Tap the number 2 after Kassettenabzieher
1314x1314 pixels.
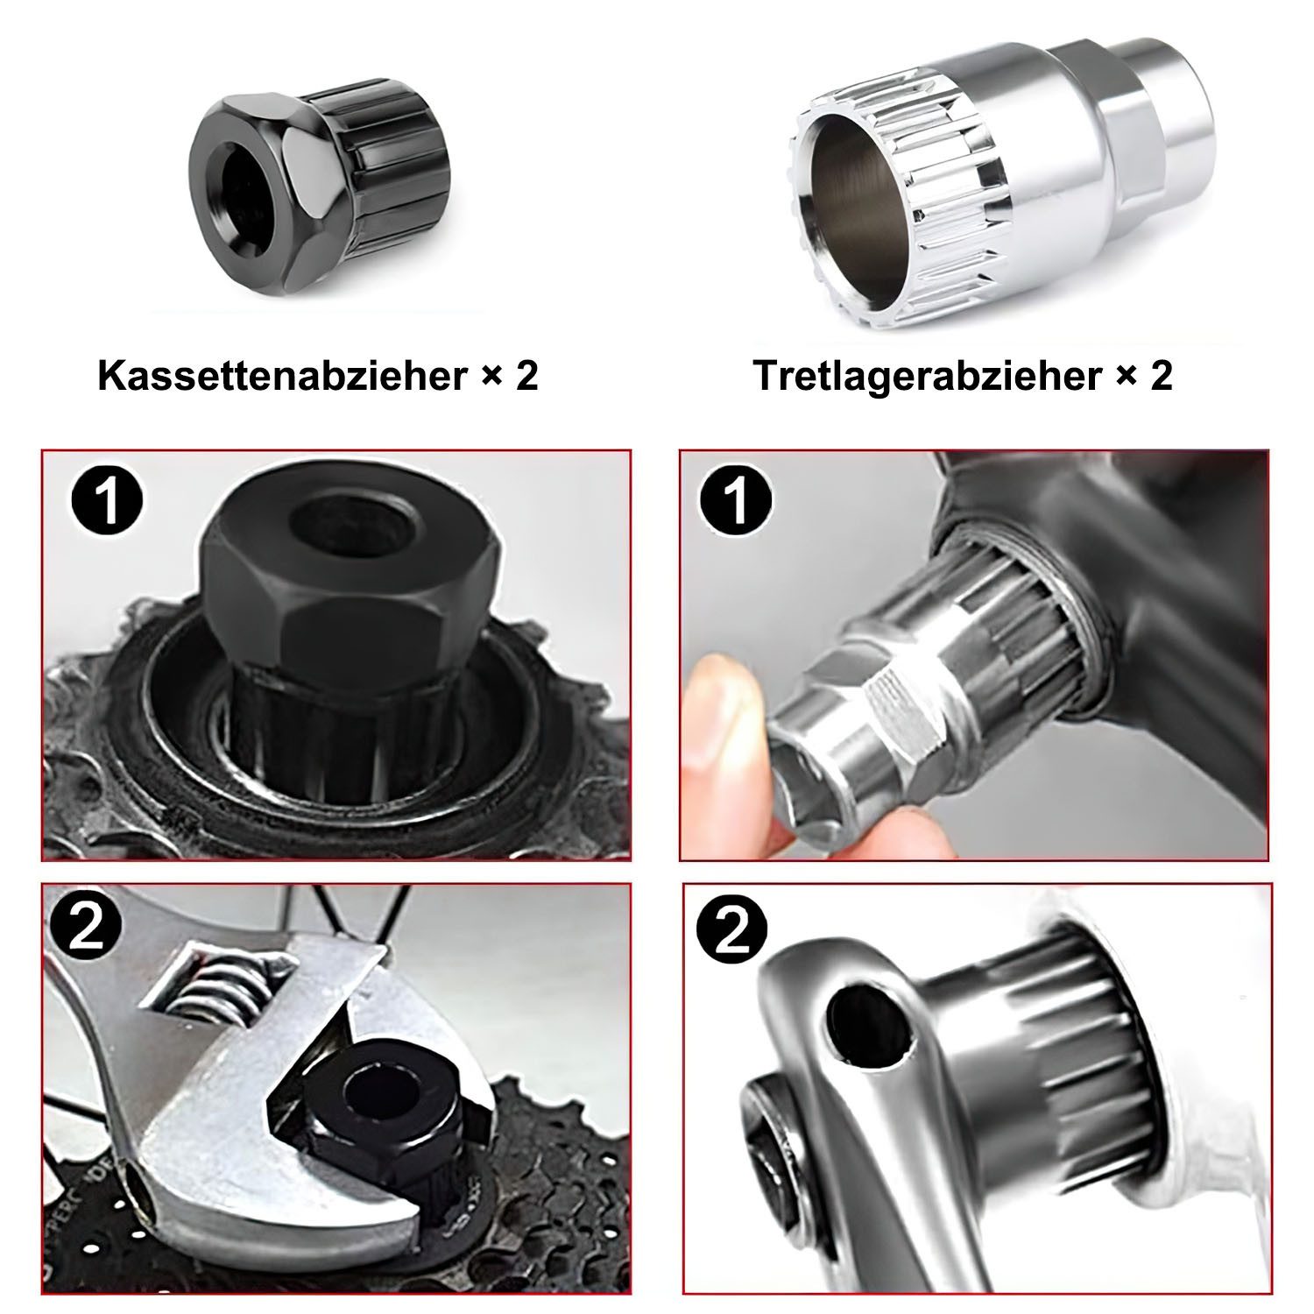coord(526,376)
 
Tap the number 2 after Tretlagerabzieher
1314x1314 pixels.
coord(1161,377)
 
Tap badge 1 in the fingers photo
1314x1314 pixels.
coord(737,499)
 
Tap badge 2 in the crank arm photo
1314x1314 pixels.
coord(731,934)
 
